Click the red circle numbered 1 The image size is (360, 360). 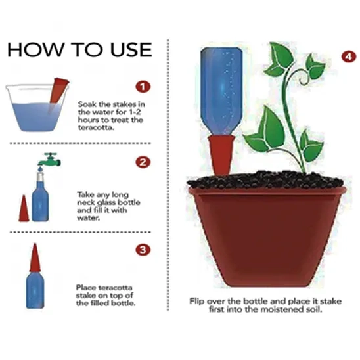pos(143,87)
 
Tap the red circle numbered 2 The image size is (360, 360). pos(143,162)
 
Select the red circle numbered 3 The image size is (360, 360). pos(143,250)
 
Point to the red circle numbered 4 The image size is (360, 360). pos(349,56)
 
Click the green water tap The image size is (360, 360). pos(49,160)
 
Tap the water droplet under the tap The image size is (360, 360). pos(41,169)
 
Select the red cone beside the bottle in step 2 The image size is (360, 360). pos(24,208)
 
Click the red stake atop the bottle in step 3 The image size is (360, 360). pos(35,258)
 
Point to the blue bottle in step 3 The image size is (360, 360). pos(35,290)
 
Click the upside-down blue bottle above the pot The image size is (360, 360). pos(221,91)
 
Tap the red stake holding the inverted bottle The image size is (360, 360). pos(221,156)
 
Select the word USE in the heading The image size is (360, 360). pos(131,49)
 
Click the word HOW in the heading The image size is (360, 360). pos(35,49)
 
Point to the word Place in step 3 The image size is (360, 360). pos(86,288)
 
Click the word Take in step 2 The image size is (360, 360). pos(85,194)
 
